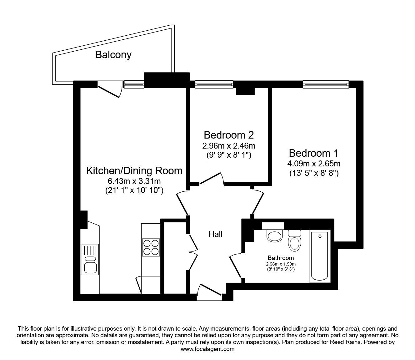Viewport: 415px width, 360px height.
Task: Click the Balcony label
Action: point(113,55)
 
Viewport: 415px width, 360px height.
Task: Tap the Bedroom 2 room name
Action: point(228,135)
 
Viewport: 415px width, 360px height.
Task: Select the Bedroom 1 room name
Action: point(313,153)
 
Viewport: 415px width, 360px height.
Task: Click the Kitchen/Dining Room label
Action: point(134,171)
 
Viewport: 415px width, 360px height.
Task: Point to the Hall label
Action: point(216,234)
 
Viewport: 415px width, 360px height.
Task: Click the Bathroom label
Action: point(281,258)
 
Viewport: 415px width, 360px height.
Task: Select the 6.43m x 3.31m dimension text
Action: point(134,181)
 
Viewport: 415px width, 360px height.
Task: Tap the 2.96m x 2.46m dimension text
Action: point(228,145)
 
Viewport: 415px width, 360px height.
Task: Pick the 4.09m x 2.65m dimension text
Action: point(314,164)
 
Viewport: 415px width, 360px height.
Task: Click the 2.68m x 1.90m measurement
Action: point(281,264)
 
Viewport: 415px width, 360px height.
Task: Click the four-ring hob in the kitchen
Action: point(151,247)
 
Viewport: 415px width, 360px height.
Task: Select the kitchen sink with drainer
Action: point(90,259)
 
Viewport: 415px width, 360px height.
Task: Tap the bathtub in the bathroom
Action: point(319,256)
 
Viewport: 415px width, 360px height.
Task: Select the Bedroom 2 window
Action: point(214,84)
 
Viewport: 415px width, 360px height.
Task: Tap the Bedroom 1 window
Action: point(325,84)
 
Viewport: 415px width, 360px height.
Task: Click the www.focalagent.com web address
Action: point(207,349)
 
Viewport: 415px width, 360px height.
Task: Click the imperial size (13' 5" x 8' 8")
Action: point(314,173)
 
